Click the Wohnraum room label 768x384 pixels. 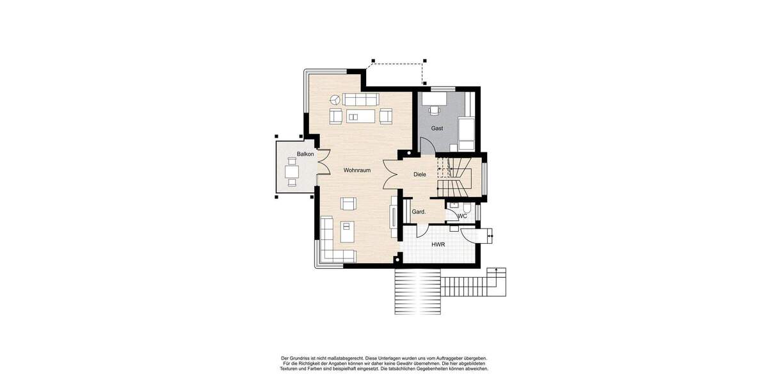356,170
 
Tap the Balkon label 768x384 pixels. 305,154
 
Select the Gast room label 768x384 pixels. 437,128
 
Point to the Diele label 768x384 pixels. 420,174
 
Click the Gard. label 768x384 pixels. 419,211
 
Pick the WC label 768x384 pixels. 462,216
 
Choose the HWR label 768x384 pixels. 438,244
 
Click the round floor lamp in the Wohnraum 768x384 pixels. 335,99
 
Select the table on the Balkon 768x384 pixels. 292,172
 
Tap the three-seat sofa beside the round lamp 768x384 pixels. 360,99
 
